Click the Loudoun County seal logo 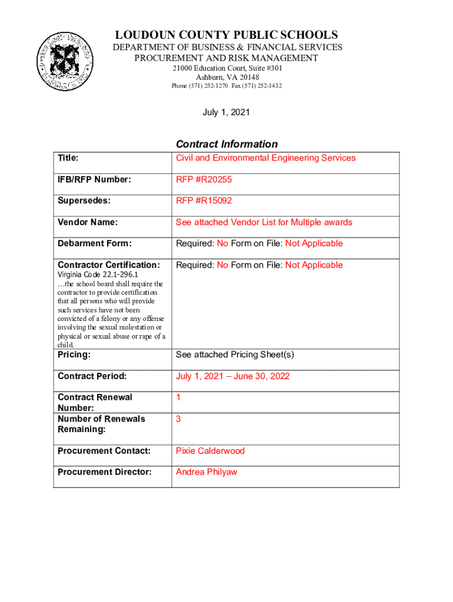click(65, 62)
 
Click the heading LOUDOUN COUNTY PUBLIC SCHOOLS click(226, 35)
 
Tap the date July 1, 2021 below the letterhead click(226, 112)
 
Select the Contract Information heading click(226, 144)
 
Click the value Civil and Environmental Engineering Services click(265, 158)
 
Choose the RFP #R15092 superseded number click(204, 200)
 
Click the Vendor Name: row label click(87, 222)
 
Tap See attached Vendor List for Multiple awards click(264, 222)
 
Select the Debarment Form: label click(94, 243)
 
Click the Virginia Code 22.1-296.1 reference click(98, 275)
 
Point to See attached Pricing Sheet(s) click(235, 354)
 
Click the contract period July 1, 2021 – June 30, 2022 click(232, 376)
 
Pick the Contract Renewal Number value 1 click(178, 397)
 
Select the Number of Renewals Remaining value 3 click(178, 419)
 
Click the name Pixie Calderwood click(210, 451)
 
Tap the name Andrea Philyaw click(206, 472)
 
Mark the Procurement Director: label click(104, 472)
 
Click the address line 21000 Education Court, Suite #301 click(226, 69)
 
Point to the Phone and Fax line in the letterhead click(226, 86)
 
